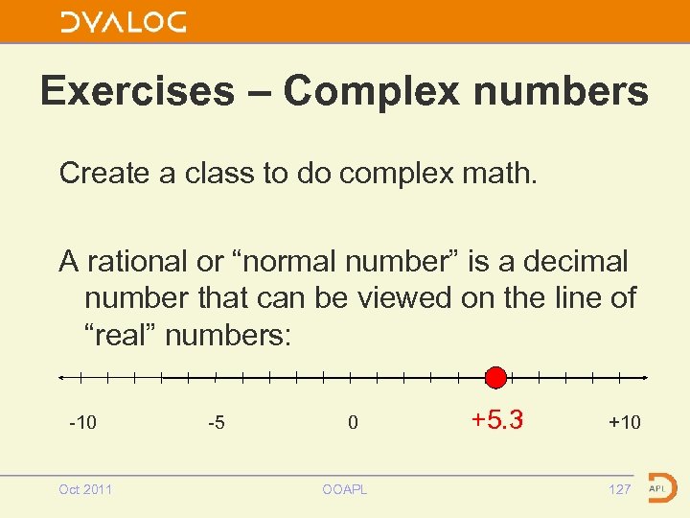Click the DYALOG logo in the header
(x=124, y=22)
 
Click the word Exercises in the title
(x=137, y=92)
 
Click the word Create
(x=103, y=174)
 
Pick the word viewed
(x=403, y=298)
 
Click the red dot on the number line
(x=495, y=377)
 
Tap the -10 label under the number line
(x=82, y=422)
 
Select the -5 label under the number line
(x=217, y=422)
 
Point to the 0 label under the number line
(x=353, y=422)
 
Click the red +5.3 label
(x=496, y=420)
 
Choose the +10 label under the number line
(x=625, y=422)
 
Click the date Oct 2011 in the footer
(x=85, y=489)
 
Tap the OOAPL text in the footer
(x=344, y=489)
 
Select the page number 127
(x=620, y=489)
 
